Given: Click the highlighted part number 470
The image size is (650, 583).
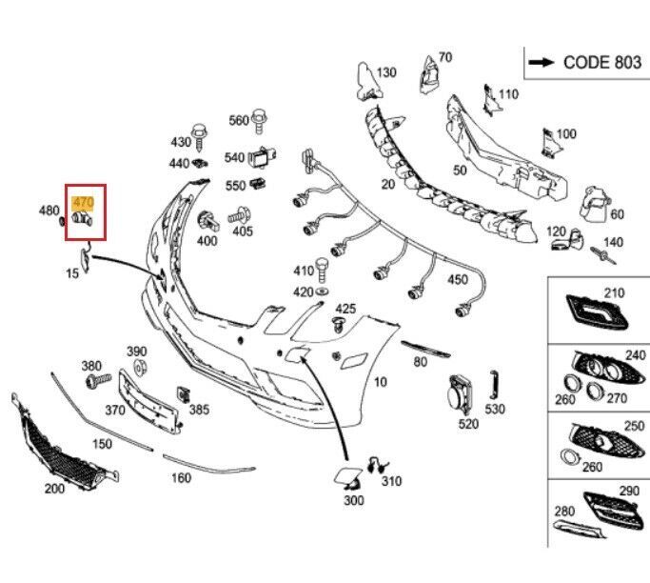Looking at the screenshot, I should [x=83, y=201].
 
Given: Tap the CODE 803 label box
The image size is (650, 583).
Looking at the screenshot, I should [x=583, y=62].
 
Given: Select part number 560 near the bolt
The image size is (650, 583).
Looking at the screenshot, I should [x=237, y=120].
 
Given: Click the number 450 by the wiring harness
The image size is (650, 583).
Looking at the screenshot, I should [x=458, y=279].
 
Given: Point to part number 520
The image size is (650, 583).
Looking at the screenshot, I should [x=468, y=424].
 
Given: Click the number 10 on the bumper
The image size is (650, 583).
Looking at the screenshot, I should [x=381, y=382].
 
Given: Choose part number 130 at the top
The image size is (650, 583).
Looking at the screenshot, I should [x=385, y=72].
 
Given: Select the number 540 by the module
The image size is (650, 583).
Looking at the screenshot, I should [x=234, y=157].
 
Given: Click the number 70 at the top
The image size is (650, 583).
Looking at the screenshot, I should [x=444, y=57].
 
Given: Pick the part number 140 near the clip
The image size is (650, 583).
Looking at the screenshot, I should [x=613, y=242].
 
